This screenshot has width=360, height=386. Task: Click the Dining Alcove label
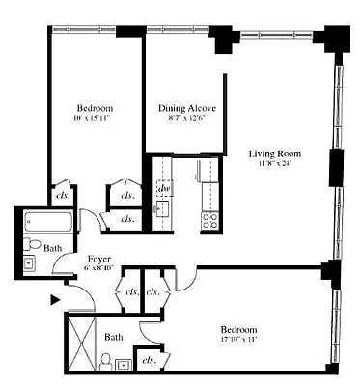tap(186, 109)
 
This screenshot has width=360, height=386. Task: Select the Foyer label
tap(98, 259)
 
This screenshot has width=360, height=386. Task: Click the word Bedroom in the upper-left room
tap(96, 107)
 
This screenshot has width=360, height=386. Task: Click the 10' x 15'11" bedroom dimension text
tap(96, 119)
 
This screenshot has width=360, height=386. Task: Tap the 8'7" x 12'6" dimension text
tap(186, 120)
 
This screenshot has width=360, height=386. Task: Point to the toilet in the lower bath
tap(105, 362)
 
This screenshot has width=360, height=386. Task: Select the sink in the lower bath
tap(125, 365)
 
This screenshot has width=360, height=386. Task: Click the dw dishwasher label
tap(163, 188)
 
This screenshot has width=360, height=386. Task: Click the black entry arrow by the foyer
tap(54, 301)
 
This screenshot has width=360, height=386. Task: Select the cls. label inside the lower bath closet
tap(149, 360)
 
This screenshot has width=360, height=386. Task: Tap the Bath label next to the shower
tap(114, 338)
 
